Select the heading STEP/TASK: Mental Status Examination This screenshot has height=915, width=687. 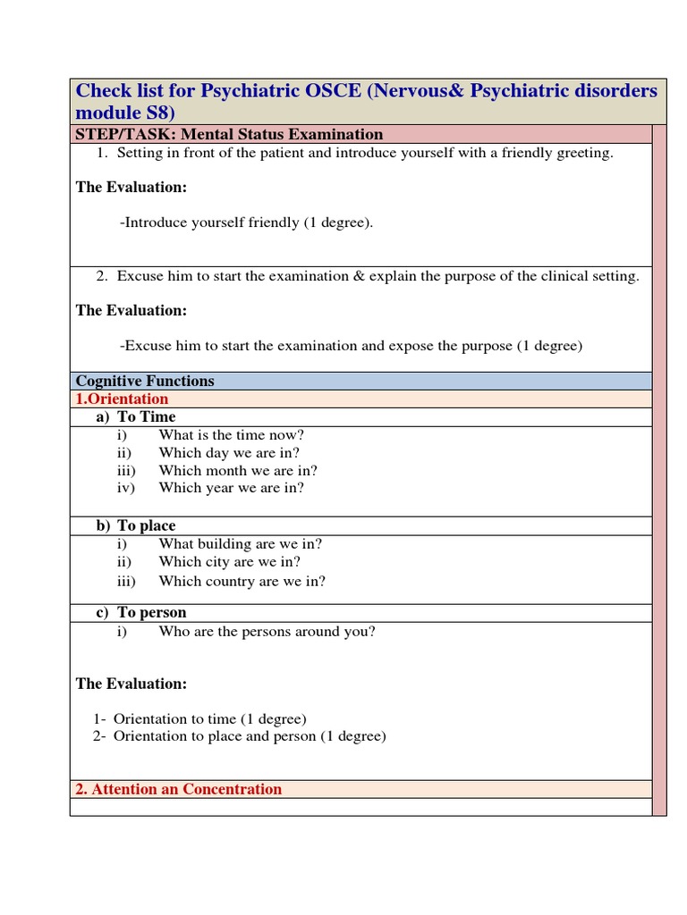pyautogui.click(x=229, y=135)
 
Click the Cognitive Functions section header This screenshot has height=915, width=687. pyautogui.click(x=145, y=382)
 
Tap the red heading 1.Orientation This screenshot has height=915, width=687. pyautogui.click(x=122, y=399)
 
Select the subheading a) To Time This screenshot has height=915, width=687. pyautogui.click(x=136, y=417)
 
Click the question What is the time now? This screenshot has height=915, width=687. pyautogui.click(x=231, y=435)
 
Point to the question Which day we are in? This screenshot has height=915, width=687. pyautogui.click(x=229, y=453)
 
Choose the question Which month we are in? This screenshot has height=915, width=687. pyautogui.click(x=238, y=471)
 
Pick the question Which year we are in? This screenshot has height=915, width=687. pyautogui.click(x=231, y=488)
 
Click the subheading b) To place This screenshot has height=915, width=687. pyautogui.click(x=136, y=526)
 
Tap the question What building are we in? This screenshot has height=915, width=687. pyautogui.click(x=240, y=544)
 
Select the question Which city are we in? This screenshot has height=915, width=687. pyautogui.click(x=229, y=562)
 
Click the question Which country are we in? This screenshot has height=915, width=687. pyautogui.click(x=242, y=581)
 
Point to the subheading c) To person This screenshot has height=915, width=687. pyautogui.click(x=141, y=613)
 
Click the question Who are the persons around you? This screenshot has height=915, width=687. pyautogui.click(x=267, y=632)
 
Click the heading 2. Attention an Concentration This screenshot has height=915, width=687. pyautogui.click(x=178, y=790)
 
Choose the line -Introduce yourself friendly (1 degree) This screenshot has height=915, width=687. pyautogui.click(x=246, y=222)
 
